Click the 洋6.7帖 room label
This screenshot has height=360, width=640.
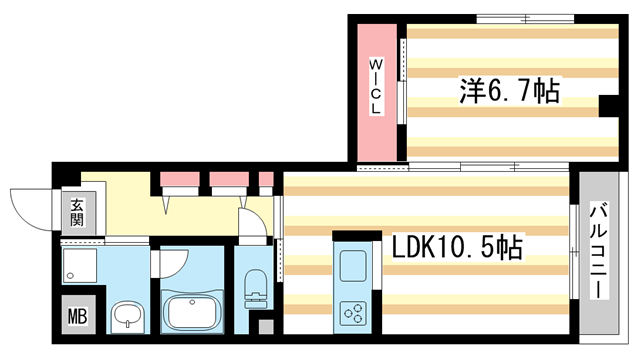click(509, 92)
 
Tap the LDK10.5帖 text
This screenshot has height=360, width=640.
click(455, 247)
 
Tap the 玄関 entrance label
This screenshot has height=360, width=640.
click(78, 215)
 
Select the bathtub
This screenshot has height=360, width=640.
click(191, 312)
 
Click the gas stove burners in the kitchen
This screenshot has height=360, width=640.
click(353, 314)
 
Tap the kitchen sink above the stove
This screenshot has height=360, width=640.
click(353, 266)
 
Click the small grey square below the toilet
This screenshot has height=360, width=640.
click(264, 326)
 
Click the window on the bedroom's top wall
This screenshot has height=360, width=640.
click(518, 18)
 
